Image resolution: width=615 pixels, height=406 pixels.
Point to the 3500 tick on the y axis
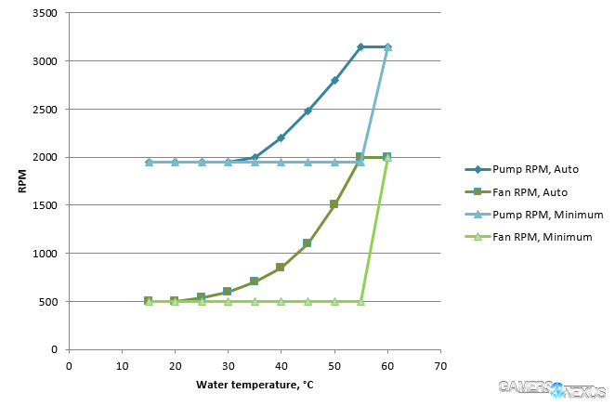click(46, 14)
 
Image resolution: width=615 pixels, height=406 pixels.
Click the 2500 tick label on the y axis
click(46, 110)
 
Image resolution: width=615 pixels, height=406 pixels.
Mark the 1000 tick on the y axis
click(46, 254)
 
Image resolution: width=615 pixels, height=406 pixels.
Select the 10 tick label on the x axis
click(122, 365)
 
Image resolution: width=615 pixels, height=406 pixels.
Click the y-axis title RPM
click(21, 182)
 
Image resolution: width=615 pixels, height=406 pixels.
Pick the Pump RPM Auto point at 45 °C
click(307, 111)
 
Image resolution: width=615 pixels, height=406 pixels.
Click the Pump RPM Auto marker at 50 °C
click(334, 80)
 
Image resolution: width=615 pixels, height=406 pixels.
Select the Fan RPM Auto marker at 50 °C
click(334, 204)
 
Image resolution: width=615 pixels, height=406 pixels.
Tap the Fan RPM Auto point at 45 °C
click(307, 243)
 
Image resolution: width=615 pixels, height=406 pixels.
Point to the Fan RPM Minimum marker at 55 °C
click(360, 301)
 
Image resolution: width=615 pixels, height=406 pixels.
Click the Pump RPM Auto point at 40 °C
click(281, 138)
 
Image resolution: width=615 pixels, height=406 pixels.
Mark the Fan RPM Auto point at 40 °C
click(281, 268)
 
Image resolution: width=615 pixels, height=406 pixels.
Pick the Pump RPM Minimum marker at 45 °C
click(307, 162)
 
